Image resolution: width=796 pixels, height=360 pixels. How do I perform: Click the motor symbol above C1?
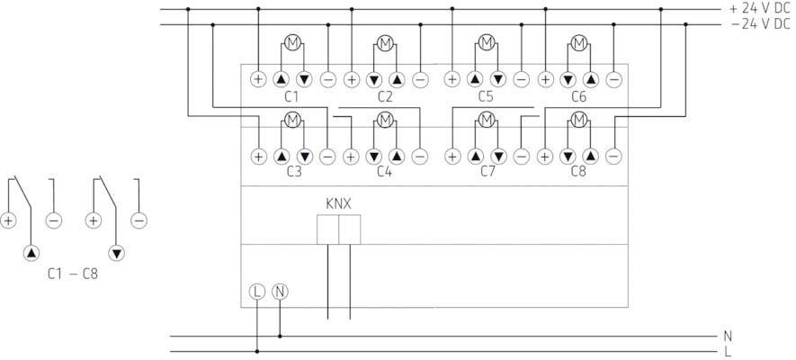(x=291, y=41)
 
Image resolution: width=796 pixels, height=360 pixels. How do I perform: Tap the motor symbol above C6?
(x=579, y=41)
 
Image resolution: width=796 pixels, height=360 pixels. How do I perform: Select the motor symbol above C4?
(x=385, y=119)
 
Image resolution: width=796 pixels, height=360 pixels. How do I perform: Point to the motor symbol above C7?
(x=487, y=119)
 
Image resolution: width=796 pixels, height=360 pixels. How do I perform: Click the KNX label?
(x=338, y=202)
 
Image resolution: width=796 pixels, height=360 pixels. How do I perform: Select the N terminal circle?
(x=280, y=291)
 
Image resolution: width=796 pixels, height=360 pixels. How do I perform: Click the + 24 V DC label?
(x=758, y=8)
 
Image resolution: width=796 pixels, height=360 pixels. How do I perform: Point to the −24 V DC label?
(x=758, y=23)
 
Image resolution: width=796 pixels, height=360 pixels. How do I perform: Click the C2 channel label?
(x=385, y=95)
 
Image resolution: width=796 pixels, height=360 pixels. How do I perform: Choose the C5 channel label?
(x=487, y=95)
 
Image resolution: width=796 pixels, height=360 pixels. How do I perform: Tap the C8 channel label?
(x=579, y=170)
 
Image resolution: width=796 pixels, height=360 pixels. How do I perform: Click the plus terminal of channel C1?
(x=257, y=79)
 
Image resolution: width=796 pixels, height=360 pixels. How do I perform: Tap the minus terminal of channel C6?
(x=613, y=79)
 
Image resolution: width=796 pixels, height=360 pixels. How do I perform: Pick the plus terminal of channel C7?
(x=452, y=156)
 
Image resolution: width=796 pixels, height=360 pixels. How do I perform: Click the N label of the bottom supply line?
(x=727, y=336)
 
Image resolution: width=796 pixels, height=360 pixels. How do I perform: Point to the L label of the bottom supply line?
(x=727, y=351)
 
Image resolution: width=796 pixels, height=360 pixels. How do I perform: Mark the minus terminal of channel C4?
(x=419, y=156)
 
